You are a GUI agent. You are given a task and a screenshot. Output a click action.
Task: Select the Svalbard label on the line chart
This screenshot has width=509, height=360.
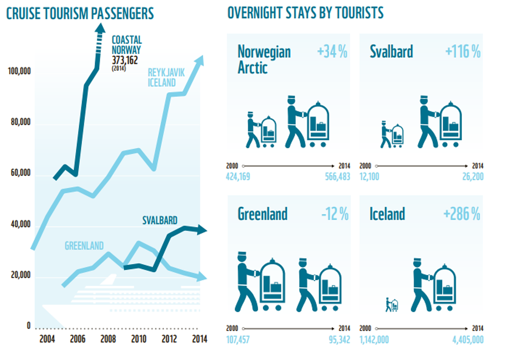click(160, 220)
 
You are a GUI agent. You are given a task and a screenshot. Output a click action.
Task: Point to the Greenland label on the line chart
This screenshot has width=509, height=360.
click(84, 246)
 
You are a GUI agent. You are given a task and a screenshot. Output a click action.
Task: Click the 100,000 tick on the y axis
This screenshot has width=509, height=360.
click(19, 71)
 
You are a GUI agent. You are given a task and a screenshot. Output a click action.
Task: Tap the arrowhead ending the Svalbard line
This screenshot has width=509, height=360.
click(202, 230)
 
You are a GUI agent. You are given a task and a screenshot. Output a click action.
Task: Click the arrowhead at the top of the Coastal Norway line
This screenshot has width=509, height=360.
click(100, 29)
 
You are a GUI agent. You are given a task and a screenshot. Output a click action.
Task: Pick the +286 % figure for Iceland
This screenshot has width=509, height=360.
click(462, 214)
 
